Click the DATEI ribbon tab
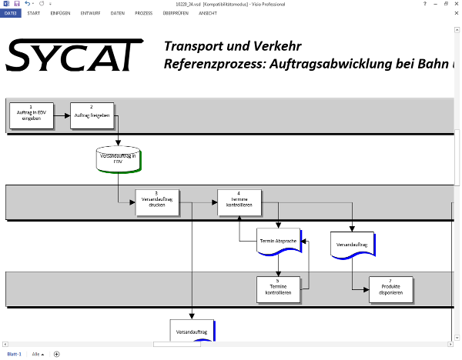pyautogui.click(x=11, y=13)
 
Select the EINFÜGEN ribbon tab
pyautogui.click(x=60, y=13)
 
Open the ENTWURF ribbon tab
pyautogui.click(x=89, y=13)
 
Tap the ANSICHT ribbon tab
pyautogui.click(x=208, y=13)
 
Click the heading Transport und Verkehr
pyautogui.click(x=232, y=46)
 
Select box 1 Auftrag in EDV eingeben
pyautogui.click(x=31, y=115)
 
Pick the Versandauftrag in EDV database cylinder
pyautogui.click(x=118, y=159)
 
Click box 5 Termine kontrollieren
pyautogui.click(x=278, y=289)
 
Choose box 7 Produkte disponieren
pyautogui.click(x=390, y=289)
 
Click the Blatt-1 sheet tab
pyautogui.click(x=14, y=354)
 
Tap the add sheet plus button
pyautogui.click(x=56, y=354)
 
